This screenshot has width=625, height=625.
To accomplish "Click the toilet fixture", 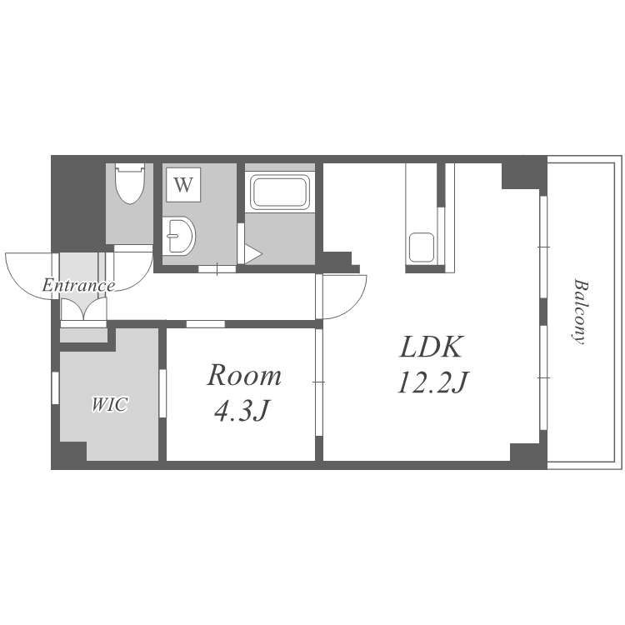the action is click(x=130, y=184).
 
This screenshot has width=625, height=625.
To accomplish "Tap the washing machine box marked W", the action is click(x=183, y=185).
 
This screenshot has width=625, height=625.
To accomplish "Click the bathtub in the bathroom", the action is click(x=279, y=192).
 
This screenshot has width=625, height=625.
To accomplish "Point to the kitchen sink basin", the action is click(x=421, y=247).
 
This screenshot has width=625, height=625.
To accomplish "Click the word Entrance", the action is click(x=78, y=285).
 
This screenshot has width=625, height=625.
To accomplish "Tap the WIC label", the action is click(x=109, y=404).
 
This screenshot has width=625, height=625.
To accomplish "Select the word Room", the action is click(x=244, y=376).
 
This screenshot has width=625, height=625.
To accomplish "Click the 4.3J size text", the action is click(x=242, y=411).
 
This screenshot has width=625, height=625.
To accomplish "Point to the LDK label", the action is click(x=432, y=347).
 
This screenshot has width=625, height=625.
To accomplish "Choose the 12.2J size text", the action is click(x=433, y=382).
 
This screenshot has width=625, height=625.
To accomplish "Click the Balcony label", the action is click(x=579, y=312).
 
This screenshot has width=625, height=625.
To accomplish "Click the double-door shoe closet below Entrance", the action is click(x=83, y=309).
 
